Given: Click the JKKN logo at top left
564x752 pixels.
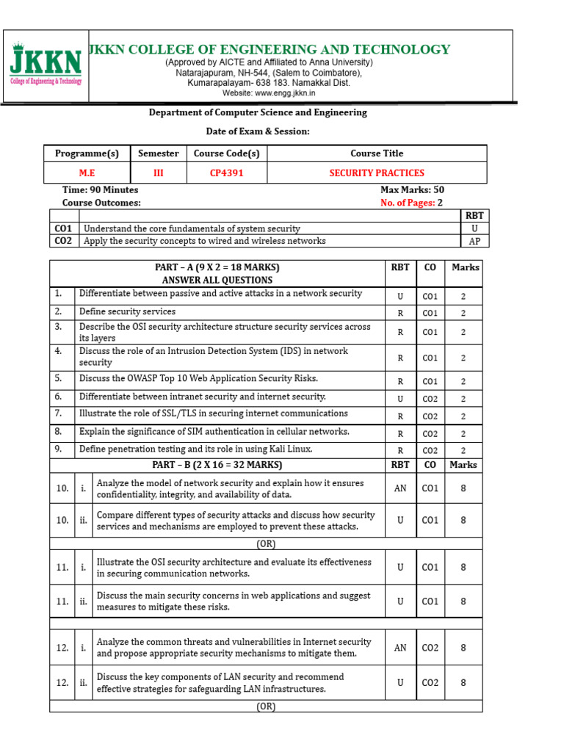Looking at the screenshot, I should [x=46, y=66].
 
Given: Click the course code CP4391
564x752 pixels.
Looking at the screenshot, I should [x=226, y=173].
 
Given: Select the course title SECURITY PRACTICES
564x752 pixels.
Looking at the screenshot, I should [x=376, y=173].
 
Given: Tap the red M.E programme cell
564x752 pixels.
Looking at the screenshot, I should [x=87, y=173].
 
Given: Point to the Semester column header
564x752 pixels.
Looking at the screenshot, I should [x=158, y=153].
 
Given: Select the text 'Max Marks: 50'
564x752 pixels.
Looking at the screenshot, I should [x=412, y=189].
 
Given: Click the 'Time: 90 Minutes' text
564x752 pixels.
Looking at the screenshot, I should [x=100, y=189].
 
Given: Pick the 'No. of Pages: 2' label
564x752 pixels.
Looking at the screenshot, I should [x=412, y=203].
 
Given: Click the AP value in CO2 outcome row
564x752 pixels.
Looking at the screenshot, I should [x=474, y=241].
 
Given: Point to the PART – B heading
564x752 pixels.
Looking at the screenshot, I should [x=217, y=465].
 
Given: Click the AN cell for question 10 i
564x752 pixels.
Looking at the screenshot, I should [x=400, y=488].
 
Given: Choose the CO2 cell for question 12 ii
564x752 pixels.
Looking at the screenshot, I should [x=430, y=682].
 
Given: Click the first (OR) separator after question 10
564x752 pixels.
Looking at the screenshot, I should [x=266, y=544].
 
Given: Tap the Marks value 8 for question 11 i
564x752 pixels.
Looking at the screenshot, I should [x=463, y=567].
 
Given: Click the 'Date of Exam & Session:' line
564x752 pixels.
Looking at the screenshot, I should [x=258, y=131].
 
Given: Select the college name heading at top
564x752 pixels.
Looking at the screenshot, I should [x=269, y=49].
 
